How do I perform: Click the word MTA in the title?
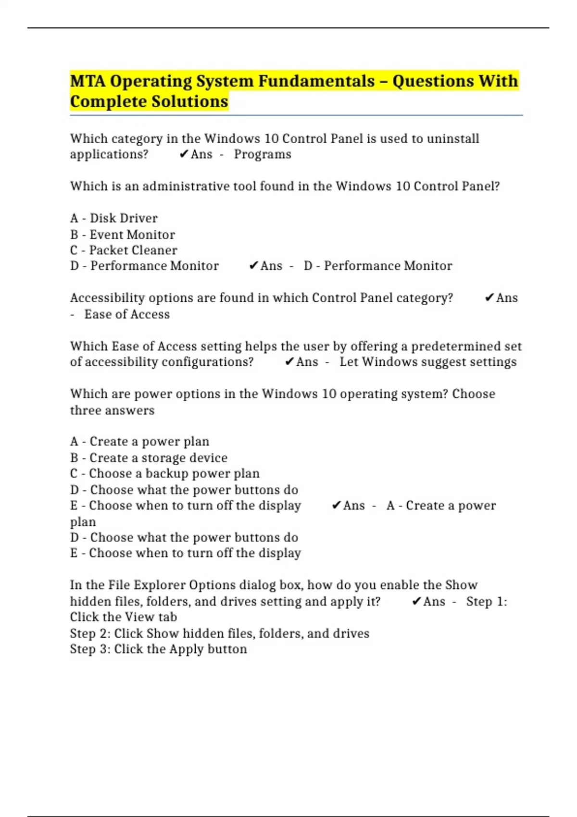tap(88, 81)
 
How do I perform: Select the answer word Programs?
tap(263, 154)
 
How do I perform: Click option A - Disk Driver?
tap(114, 218)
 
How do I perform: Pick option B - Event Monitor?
tap(123, 235)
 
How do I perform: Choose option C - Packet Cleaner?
tap(124, 250)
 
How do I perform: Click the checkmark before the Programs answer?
tap(183, 154)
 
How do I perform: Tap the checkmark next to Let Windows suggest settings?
tap(289, 362)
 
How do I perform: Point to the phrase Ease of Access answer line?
tap(127, 314)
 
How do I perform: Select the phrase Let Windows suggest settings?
tap(428, 362)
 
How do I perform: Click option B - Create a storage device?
tap(149, 458)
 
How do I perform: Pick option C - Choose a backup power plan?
tap(165, 473)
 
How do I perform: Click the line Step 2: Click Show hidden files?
tap(220, 633)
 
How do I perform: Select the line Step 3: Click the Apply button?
tap(159, 649)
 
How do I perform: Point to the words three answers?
tap(112, 410)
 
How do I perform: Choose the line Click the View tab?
tap(124, 617)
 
